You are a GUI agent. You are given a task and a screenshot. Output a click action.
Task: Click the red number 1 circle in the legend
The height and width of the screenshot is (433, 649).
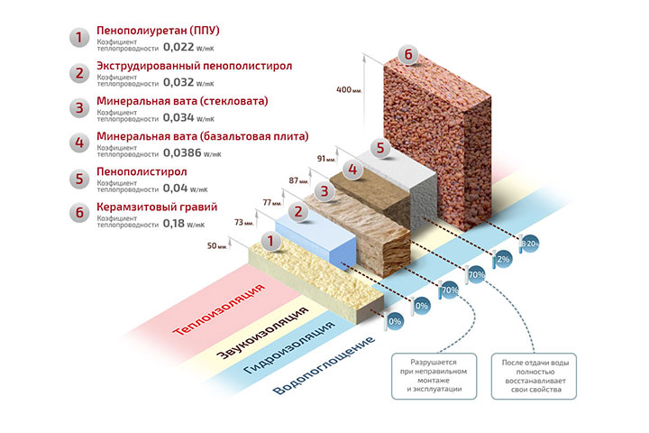(x=79, y=39)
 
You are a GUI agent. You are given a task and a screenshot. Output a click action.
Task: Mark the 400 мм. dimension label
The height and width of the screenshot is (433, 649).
(x=347, y=90)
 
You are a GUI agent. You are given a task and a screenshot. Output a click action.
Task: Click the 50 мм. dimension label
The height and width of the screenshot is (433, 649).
(x=218, y=245)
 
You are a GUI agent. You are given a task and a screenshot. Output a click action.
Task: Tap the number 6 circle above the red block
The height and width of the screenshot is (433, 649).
(x=409, y=55)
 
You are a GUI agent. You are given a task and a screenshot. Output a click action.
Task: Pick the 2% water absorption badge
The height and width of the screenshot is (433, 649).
(x=503, y=259)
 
